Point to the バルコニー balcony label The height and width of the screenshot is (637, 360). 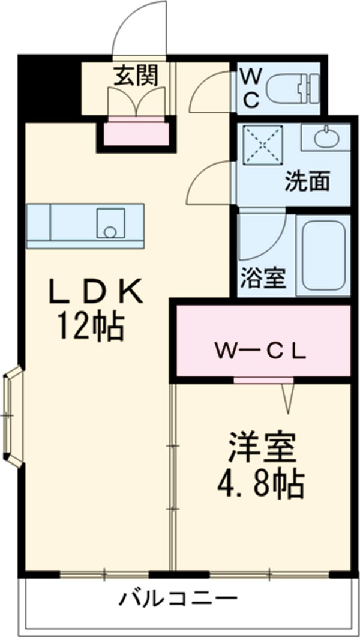[x=178, y=598]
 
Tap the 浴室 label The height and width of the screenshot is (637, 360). [x=262, y=280]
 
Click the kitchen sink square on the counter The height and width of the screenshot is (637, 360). [x=110, y=224]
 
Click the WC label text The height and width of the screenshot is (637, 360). [x=251, y=88]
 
